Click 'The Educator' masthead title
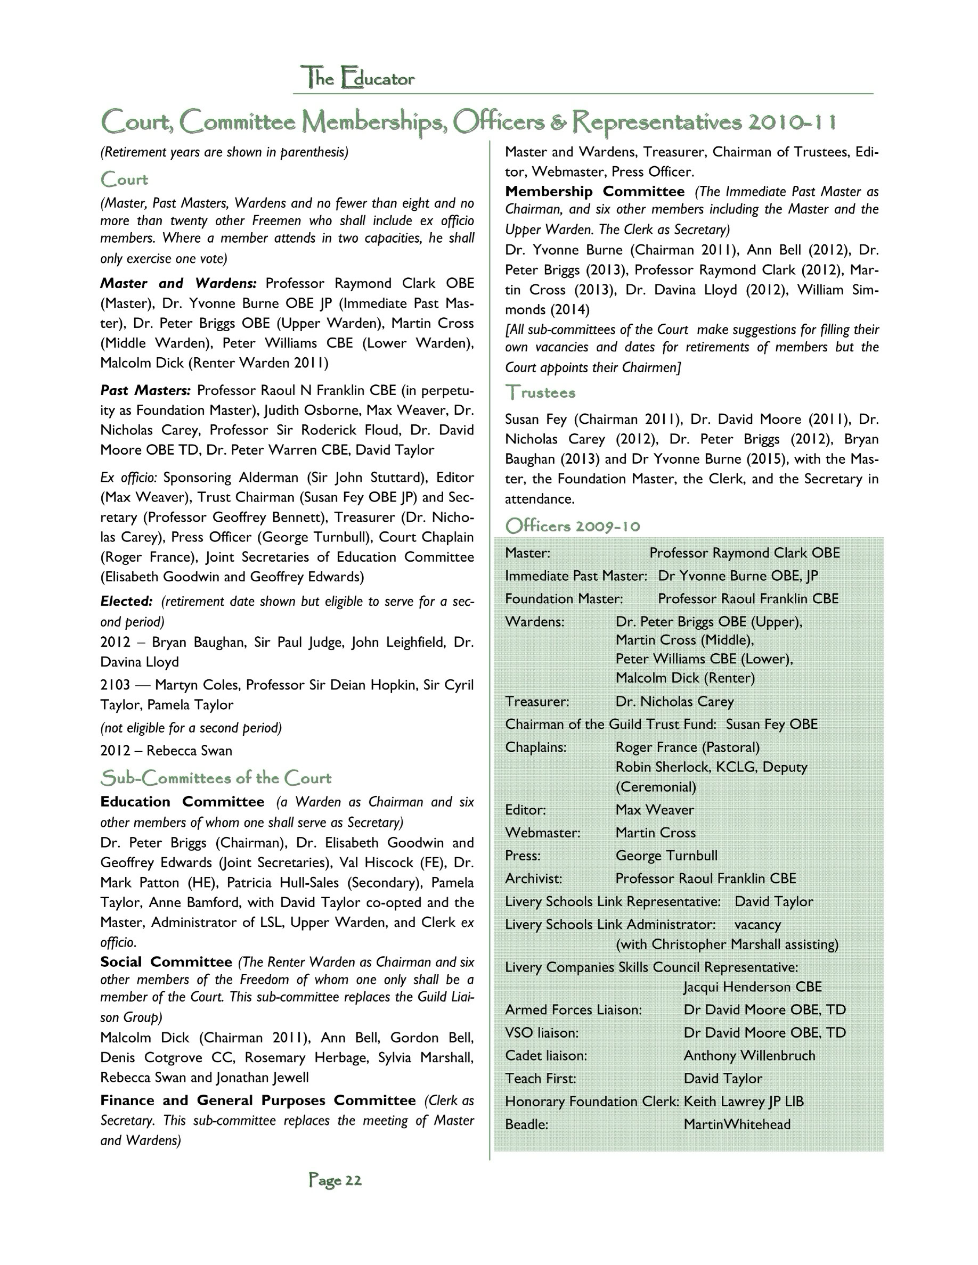pos(357,78)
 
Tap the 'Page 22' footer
pos(335,1180)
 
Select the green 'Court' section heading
pos(124,179)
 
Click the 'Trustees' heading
pos(540,393)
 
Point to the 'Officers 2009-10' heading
pos(573,526)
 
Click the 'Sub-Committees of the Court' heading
pos(216,778)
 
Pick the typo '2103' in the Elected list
pos(115,685)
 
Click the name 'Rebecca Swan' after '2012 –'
pos(189,751)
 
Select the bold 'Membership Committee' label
pos(594,191)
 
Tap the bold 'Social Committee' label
pos(166,962)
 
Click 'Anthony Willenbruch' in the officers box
pos(749,1055)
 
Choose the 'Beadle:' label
pos(526,1124)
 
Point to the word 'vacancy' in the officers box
pos(757,924)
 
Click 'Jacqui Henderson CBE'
pos(753,987)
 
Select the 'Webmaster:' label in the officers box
pos(542,832)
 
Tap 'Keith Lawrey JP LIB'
pos(743,1101)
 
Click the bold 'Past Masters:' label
pos(145,390)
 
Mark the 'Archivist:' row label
pos(533,878)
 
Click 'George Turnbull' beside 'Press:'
pos(666,856)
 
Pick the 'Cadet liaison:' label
pos(546,1055)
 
